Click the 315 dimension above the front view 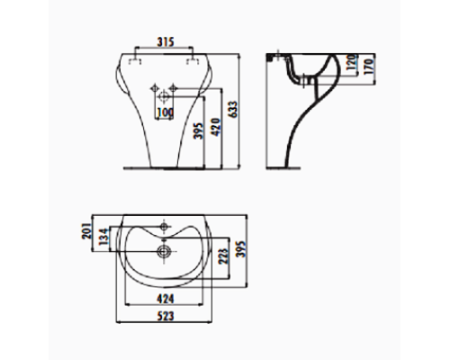pyautogui.click(x=163, y=41)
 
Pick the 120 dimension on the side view pyautogui.click(x=353, y=64)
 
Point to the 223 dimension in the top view pyautogui.click(x=223, y=258)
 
